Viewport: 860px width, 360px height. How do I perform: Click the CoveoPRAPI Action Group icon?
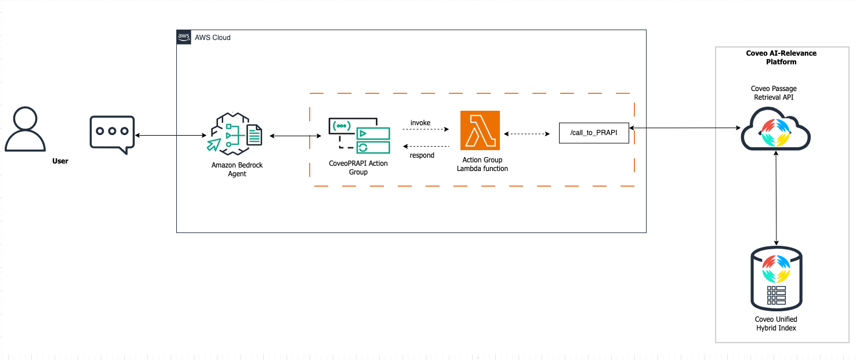pos(359,136)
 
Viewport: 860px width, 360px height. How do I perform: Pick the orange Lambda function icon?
pos(480,130)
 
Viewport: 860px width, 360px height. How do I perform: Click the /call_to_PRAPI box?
pos(594,133)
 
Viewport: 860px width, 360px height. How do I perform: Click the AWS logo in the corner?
pos(184,37)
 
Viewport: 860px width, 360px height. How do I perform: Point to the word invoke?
pos(420,122)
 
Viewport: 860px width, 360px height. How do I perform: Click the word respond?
pos(422,155)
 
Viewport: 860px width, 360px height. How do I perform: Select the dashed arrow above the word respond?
pos(426,146)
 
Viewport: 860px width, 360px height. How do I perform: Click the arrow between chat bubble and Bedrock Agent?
pos(170,136)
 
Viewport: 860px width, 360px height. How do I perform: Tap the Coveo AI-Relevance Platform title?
pos(781,57)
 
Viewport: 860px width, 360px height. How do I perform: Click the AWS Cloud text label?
pos(213,38)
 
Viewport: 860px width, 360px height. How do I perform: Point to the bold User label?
pos(60,161)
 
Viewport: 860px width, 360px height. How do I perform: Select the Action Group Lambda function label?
pos(482,164)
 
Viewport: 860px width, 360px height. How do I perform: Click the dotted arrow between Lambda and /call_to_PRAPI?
pos(527,134)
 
